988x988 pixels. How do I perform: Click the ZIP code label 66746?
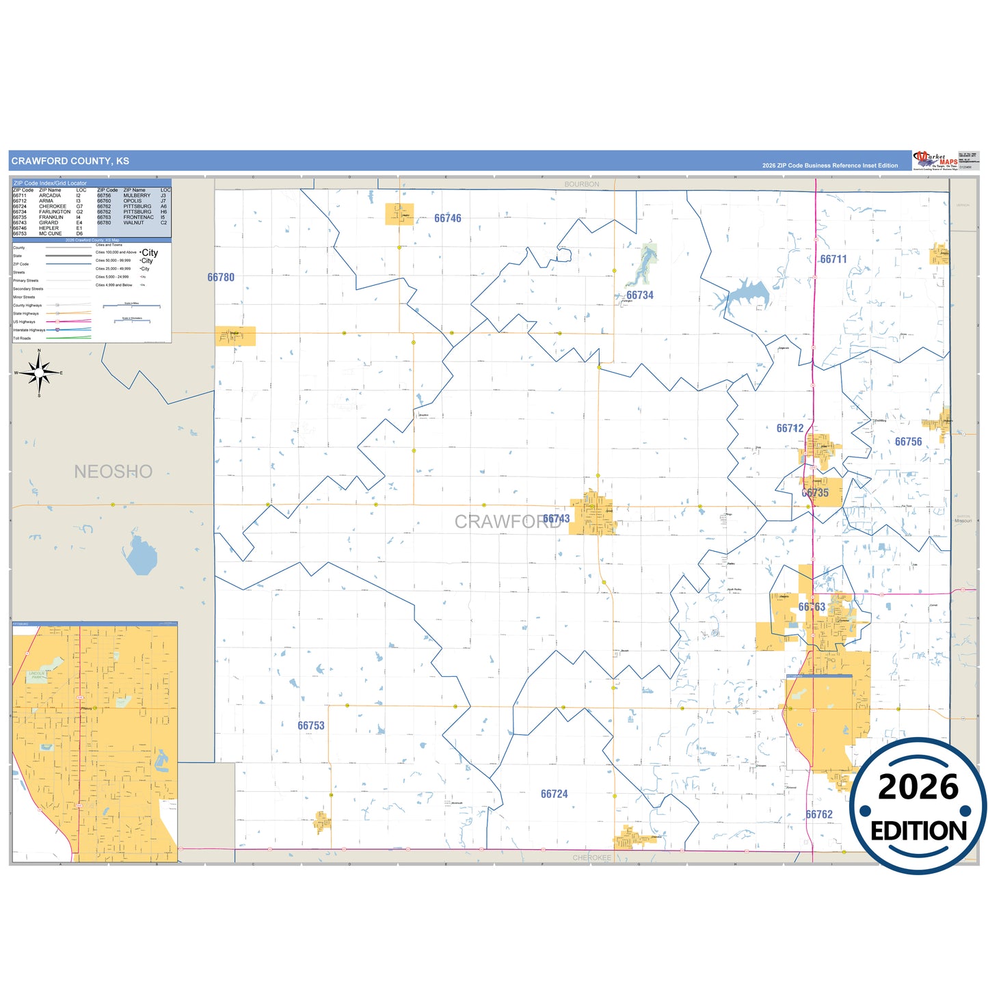(x=448, y=218)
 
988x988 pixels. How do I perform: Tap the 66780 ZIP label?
(x=221, y=278)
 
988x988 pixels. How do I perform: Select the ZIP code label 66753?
(x=311, y=725)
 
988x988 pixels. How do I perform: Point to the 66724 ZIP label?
(x=554, y=794)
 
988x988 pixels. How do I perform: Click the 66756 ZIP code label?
(x=908, y=442)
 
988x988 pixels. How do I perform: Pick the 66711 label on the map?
(x=833, y=259)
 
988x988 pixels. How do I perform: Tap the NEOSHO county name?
(x=113, y=471)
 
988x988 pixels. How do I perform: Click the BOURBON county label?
(x=582, y=185)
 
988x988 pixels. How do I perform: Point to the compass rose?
(x=39, y=373)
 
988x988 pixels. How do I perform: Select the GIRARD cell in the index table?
(x=49, y=223)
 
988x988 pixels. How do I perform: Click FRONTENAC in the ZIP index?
(x=138, y=217)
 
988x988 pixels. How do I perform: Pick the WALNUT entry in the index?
(x=133, y=223)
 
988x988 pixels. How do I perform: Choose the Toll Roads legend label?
(x=22, y=338)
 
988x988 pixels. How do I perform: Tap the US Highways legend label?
(x=24, y=322)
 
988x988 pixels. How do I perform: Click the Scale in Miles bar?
(x=131, y=306)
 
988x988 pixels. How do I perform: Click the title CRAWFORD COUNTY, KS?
(x=70, y=161)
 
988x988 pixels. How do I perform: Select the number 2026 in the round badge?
(x=918, y=787)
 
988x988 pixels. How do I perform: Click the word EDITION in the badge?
(x=918, y=831)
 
